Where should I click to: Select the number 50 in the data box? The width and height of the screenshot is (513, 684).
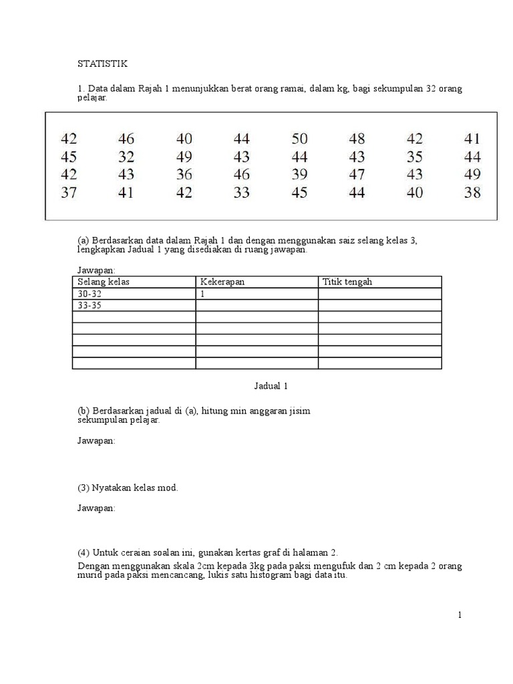click(x=300, y=140)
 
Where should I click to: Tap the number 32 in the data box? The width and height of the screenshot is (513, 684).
click(x=126, y=158)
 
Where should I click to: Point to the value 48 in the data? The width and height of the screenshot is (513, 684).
click(x=357, y=140)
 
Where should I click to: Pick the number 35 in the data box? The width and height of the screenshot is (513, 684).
click(x=415, y=158)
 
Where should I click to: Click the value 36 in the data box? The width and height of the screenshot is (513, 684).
click(x=184, y=175)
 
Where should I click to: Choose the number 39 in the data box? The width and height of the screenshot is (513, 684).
click(x=300, y=175)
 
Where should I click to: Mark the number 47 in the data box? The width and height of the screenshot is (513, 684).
click(x=357, y=175)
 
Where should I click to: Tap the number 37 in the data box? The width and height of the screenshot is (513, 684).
click(x=69, y=193)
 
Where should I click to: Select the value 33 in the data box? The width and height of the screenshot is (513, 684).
click(x=242, y=193)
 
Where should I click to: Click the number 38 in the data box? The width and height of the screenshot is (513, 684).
click(x=472, y=193)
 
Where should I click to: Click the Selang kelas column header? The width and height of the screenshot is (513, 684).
click(x=104, y=282)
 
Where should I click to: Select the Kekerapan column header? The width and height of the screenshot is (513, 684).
click(x=222, y=282)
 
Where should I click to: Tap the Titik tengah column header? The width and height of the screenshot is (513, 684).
click(x=347, y=282)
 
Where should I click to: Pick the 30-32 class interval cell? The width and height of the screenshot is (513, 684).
click(x=91, y=293)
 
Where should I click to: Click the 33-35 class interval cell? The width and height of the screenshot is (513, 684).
click(x=91, y=305)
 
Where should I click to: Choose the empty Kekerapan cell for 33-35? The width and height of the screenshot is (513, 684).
click(x=256, y=305)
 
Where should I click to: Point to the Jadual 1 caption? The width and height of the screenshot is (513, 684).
click(x=271, y=386)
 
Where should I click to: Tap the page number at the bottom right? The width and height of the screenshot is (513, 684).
click(x=460, y=615)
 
